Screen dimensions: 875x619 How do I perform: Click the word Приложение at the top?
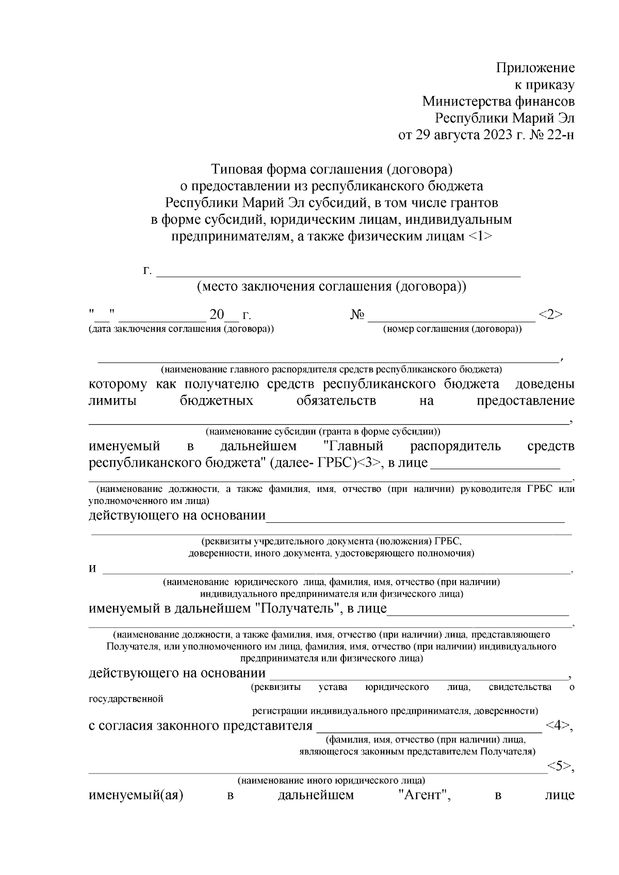pos(535,68)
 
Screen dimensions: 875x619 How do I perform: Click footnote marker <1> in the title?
pos(480,237)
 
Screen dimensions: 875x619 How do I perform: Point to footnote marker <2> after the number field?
pos(550,315)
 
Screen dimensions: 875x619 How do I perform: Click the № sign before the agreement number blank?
pos(357,315)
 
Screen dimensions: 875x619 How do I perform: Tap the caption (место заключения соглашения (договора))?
pos(332,287)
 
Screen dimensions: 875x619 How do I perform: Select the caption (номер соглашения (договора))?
pos(452,329)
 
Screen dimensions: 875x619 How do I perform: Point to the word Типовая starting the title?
pos(234,169)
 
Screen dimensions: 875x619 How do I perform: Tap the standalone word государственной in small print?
pos(126,699)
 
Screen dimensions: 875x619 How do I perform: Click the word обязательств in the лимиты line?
pos(336,401)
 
